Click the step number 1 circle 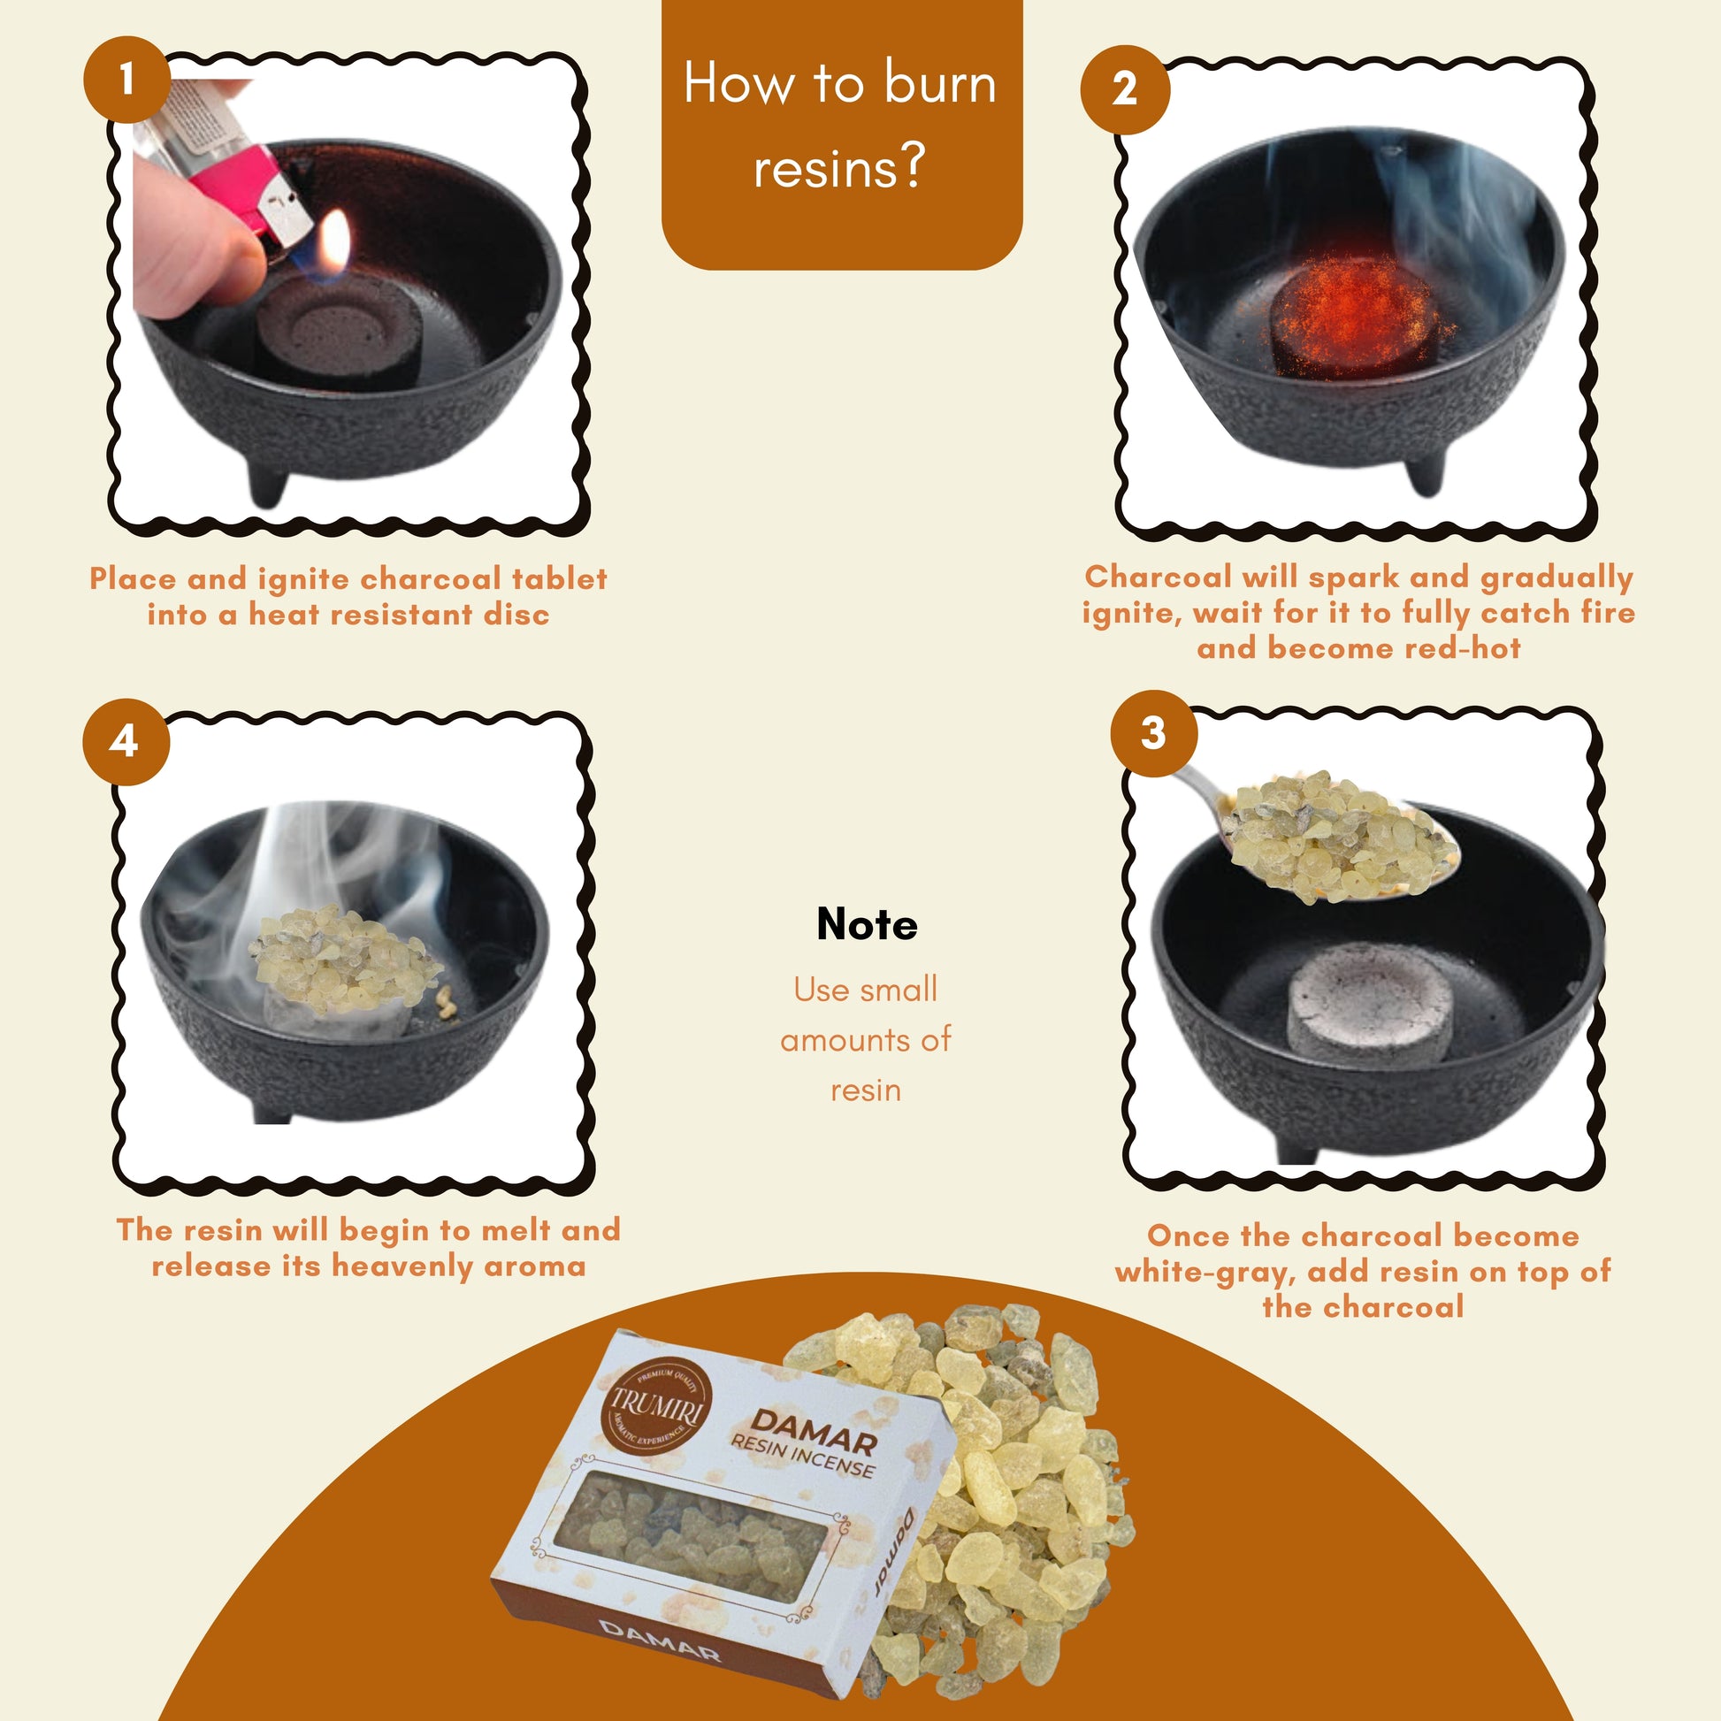pyautogui.click(x=126, y=80)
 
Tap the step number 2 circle pyautogui.click(x=1124, y=89)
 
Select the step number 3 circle pyautogui.click(x=1153, y=733)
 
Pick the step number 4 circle pyautogui.click(x=126, y=741)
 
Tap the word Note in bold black pyautogui.click(x=867, y=925)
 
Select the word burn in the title pyautogui.click(x=940, y=84)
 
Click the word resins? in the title pyautogui.click(x=839, y=166)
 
